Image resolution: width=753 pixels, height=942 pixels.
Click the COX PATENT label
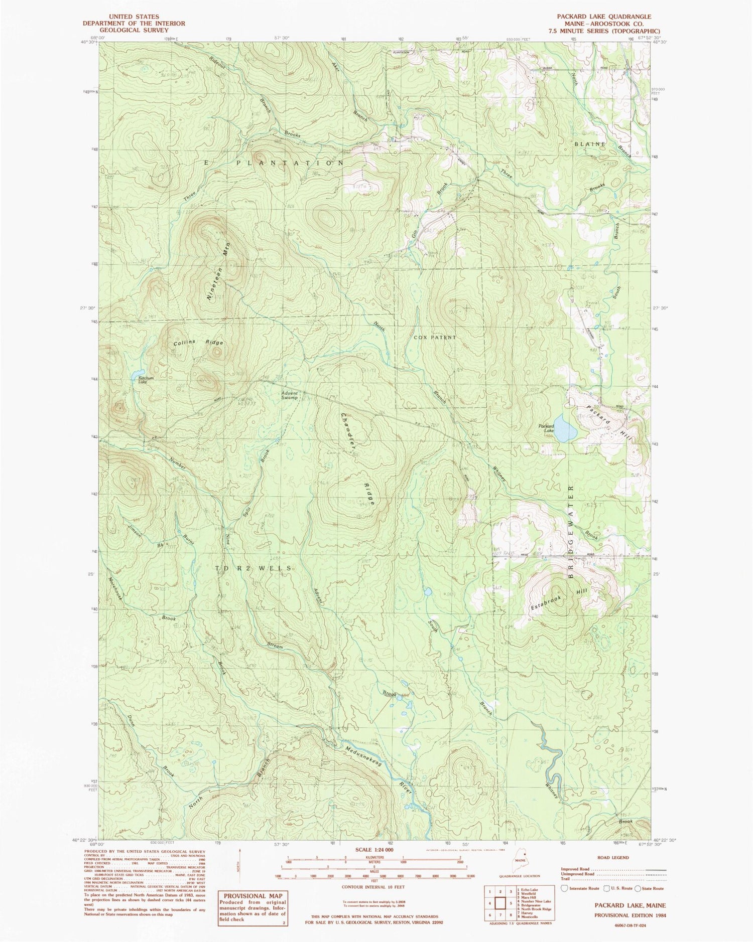(x=435, y=338)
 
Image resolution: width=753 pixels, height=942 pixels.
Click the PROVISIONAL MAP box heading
(x=253, y=895)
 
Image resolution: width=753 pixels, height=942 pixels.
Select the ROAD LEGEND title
(x=612, y=857)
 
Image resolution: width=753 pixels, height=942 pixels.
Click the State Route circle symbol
(x=638, y=888)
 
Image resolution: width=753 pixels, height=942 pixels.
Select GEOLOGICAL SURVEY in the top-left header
(x=135, y=31)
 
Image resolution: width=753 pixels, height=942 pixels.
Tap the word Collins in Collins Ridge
(x=184, y=343)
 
